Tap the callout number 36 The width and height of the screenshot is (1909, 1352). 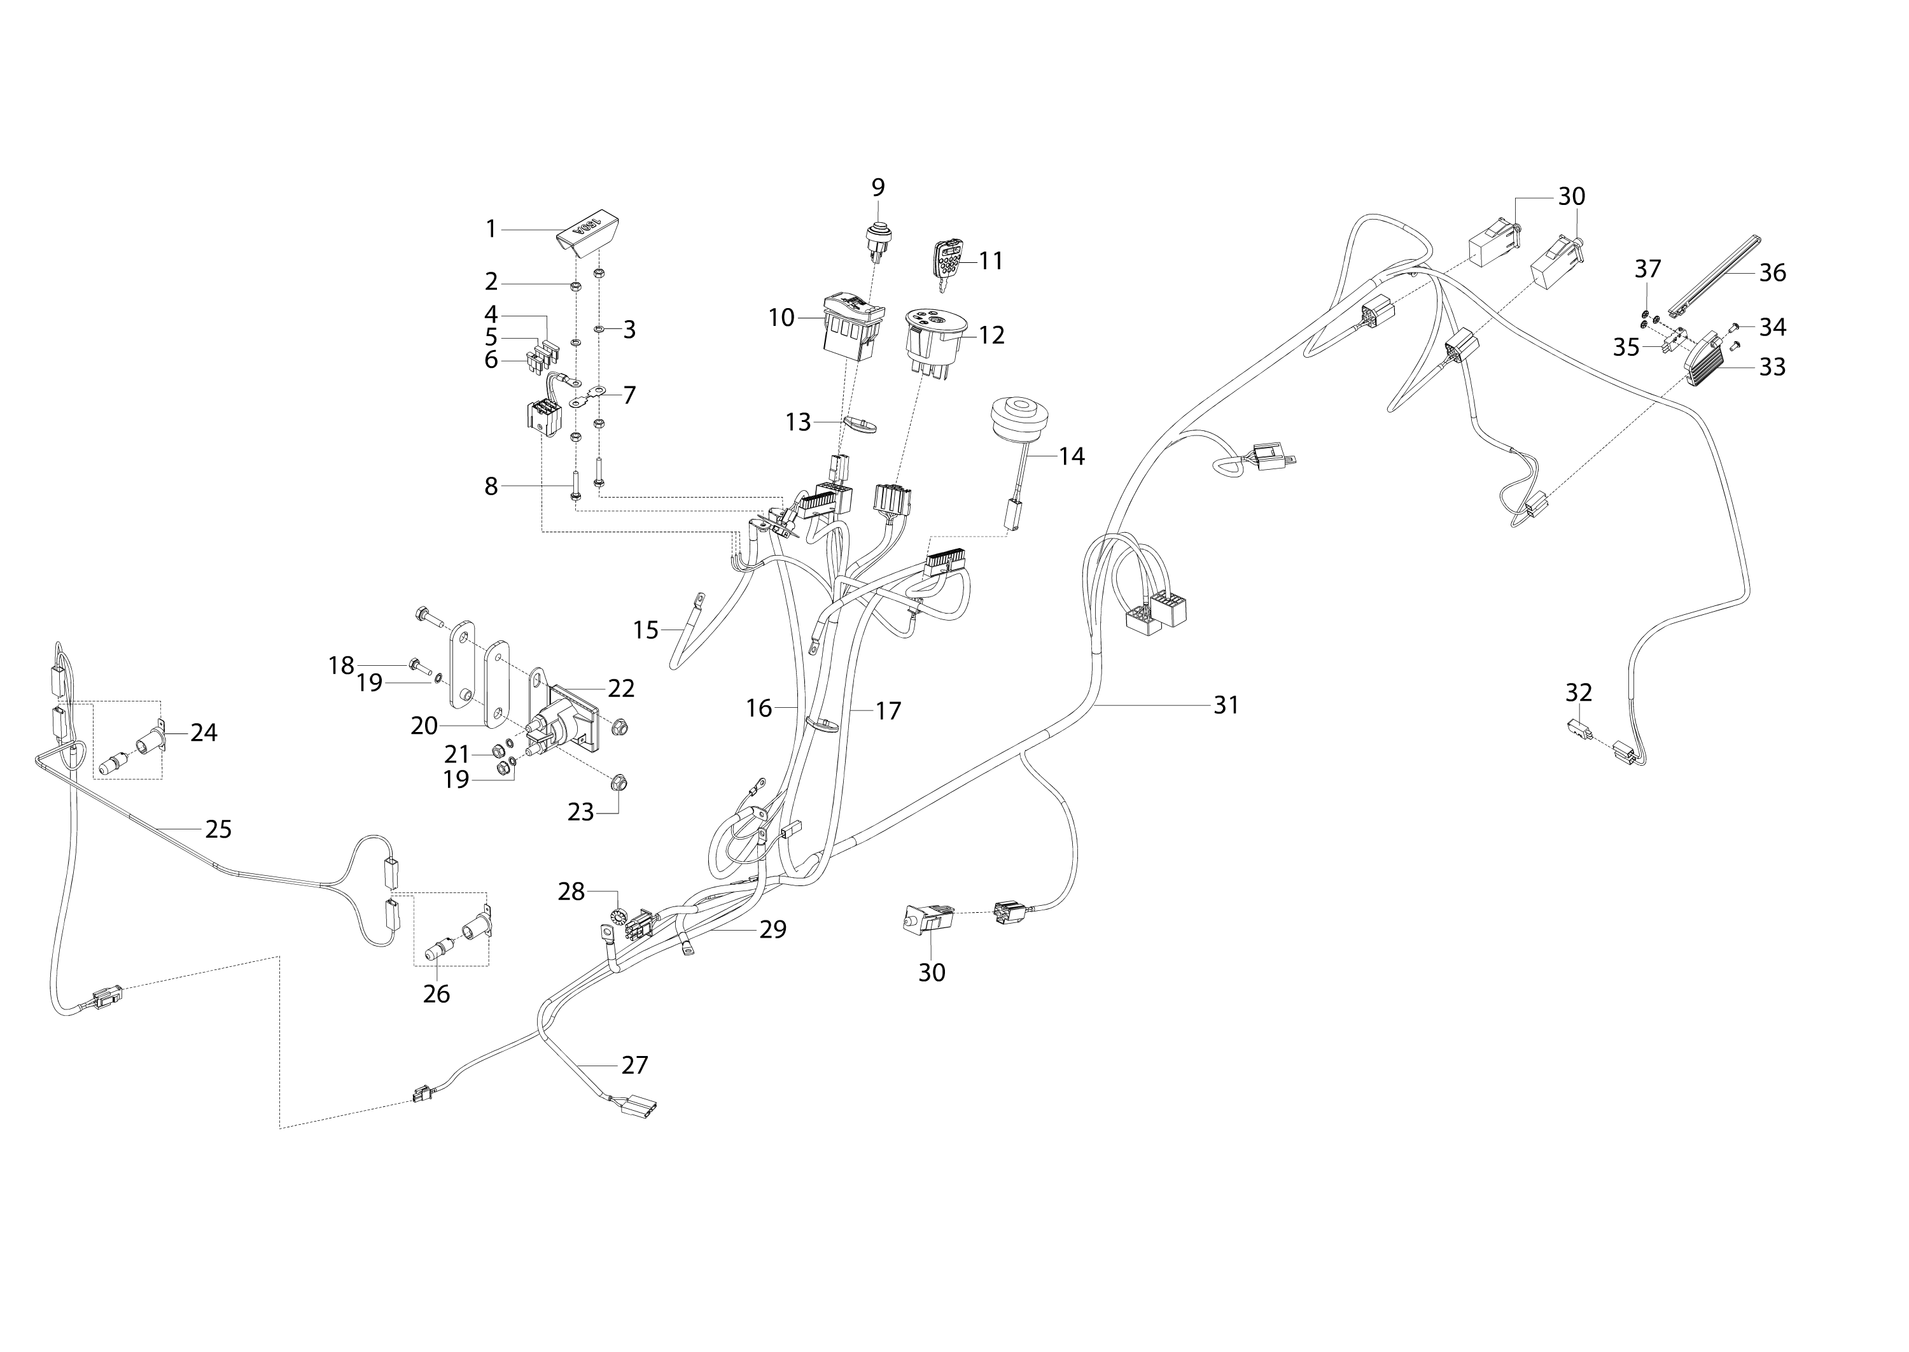[x=1773, y=272]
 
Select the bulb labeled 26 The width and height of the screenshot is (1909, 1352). [x=436, y=952]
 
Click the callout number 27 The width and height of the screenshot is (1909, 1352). [x=635, y=1065]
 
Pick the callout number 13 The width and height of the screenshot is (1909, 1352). [x=797, y=422]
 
